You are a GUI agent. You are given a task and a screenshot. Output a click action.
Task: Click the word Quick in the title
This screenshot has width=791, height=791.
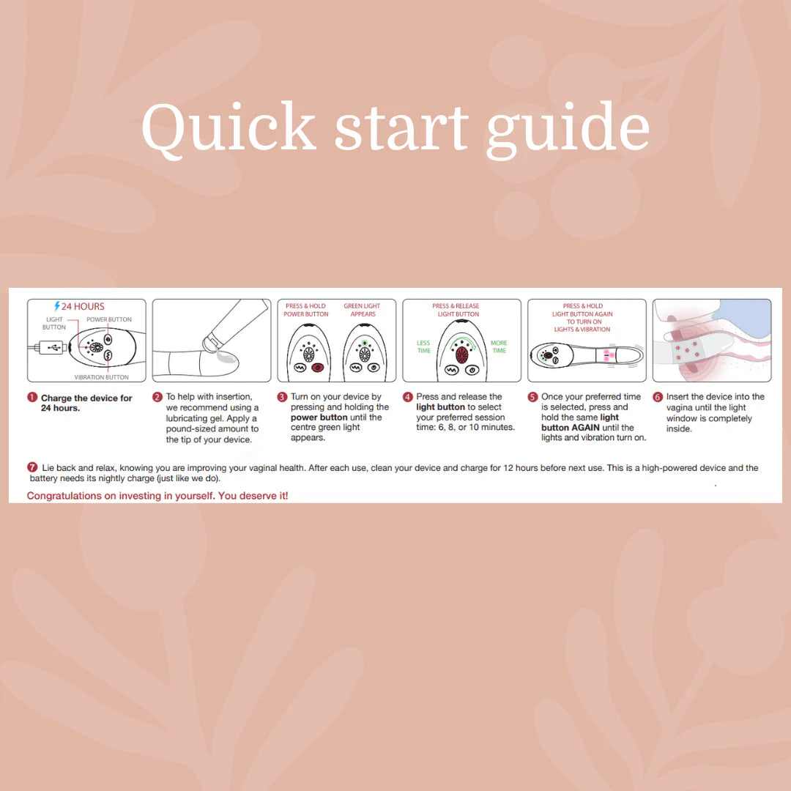coord(229,127)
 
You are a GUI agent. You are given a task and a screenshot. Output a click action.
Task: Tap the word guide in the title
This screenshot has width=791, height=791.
coord(568,130)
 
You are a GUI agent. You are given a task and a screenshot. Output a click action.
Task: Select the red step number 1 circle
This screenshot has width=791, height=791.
coord(32,398)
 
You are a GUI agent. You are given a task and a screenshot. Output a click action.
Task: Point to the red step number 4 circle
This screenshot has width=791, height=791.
coord(408,397)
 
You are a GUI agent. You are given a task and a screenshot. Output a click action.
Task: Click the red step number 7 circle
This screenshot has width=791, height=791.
coord(32,467)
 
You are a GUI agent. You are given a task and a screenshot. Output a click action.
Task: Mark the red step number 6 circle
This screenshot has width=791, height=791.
coord(657,397)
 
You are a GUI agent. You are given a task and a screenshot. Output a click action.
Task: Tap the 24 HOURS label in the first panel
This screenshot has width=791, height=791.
coord(83,306)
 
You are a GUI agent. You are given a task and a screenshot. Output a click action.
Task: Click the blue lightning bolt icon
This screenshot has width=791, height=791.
coord(57,306)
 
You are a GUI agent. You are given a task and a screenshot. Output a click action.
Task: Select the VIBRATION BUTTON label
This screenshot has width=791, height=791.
coord(101,377)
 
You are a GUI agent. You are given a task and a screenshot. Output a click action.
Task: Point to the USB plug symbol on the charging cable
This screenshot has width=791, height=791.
coord(54,347)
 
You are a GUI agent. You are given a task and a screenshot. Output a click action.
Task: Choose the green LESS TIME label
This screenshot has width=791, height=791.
coord(424,346)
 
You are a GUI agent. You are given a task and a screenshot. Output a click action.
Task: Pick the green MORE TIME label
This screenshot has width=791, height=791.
coord(499,346)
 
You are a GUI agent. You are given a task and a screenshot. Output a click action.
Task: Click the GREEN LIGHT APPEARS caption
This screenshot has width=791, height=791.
coord(363,310)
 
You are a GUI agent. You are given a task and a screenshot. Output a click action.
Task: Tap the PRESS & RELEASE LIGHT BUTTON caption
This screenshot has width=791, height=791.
coord(456,310)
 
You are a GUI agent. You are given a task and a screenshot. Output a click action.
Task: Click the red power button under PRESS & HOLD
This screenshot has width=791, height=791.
coord(317,368)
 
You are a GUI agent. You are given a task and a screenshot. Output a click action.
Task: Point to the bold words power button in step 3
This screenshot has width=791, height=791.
coord(319,417)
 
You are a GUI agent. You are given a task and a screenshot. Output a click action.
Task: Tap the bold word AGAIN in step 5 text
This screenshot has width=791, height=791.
coord(586,427)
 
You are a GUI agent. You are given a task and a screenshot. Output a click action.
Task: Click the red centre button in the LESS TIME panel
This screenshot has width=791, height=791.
coord(461,355)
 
